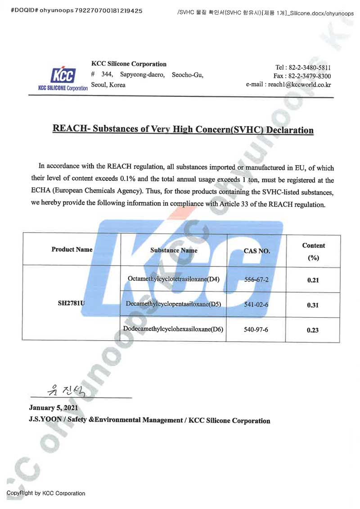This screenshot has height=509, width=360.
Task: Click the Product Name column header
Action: tap(72, 249)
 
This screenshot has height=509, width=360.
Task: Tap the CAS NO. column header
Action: tap(256, 251)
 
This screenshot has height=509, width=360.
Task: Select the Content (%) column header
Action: tap(313, 252)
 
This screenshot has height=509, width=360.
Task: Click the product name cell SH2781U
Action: tap(72, 304)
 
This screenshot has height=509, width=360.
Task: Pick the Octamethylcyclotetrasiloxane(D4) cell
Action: tap(174, 279)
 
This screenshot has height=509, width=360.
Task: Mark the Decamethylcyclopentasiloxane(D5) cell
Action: tap(174, 304)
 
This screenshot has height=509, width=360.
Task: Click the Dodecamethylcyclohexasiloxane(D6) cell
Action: tap(174, 329)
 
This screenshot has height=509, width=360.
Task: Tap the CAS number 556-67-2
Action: tap(256, 279)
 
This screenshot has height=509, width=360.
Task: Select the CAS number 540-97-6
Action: tap(256, 329)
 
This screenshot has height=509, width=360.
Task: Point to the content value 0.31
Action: tap(313, 305)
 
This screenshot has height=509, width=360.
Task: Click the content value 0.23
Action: tap(313, 330)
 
